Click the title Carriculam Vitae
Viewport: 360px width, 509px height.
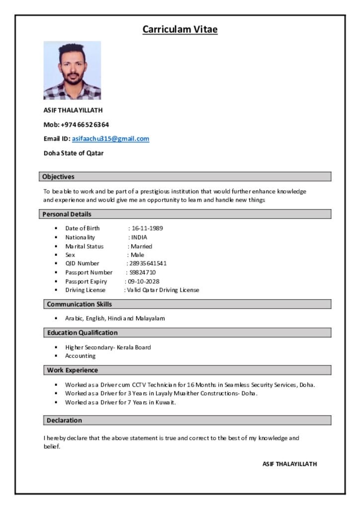click(180, 29)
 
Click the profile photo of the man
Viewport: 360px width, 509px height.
click(72, 70)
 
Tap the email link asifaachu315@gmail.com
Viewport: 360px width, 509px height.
click(110, 139)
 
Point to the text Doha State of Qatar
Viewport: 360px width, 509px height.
click(74, 153)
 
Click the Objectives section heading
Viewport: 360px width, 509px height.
click(59, 176)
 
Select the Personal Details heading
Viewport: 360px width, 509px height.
click(67, 214)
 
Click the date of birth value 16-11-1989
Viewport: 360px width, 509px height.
click(147, 228)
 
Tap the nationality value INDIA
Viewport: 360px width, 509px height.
click(139, 237)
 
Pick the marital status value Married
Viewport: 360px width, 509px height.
click(141, 246)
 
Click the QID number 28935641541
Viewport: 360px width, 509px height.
click(148, 263)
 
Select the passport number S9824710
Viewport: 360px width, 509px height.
click(143, 272)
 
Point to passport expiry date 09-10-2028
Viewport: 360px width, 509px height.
click(144, 281)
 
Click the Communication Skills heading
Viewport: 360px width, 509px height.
click(80, 304)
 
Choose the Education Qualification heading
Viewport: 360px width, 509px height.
click(83, 333)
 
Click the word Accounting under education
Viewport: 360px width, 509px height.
click(80, 356)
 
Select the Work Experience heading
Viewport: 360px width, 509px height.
click(73, 370)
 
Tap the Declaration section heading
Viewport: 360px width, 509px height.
click(65, 421)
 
